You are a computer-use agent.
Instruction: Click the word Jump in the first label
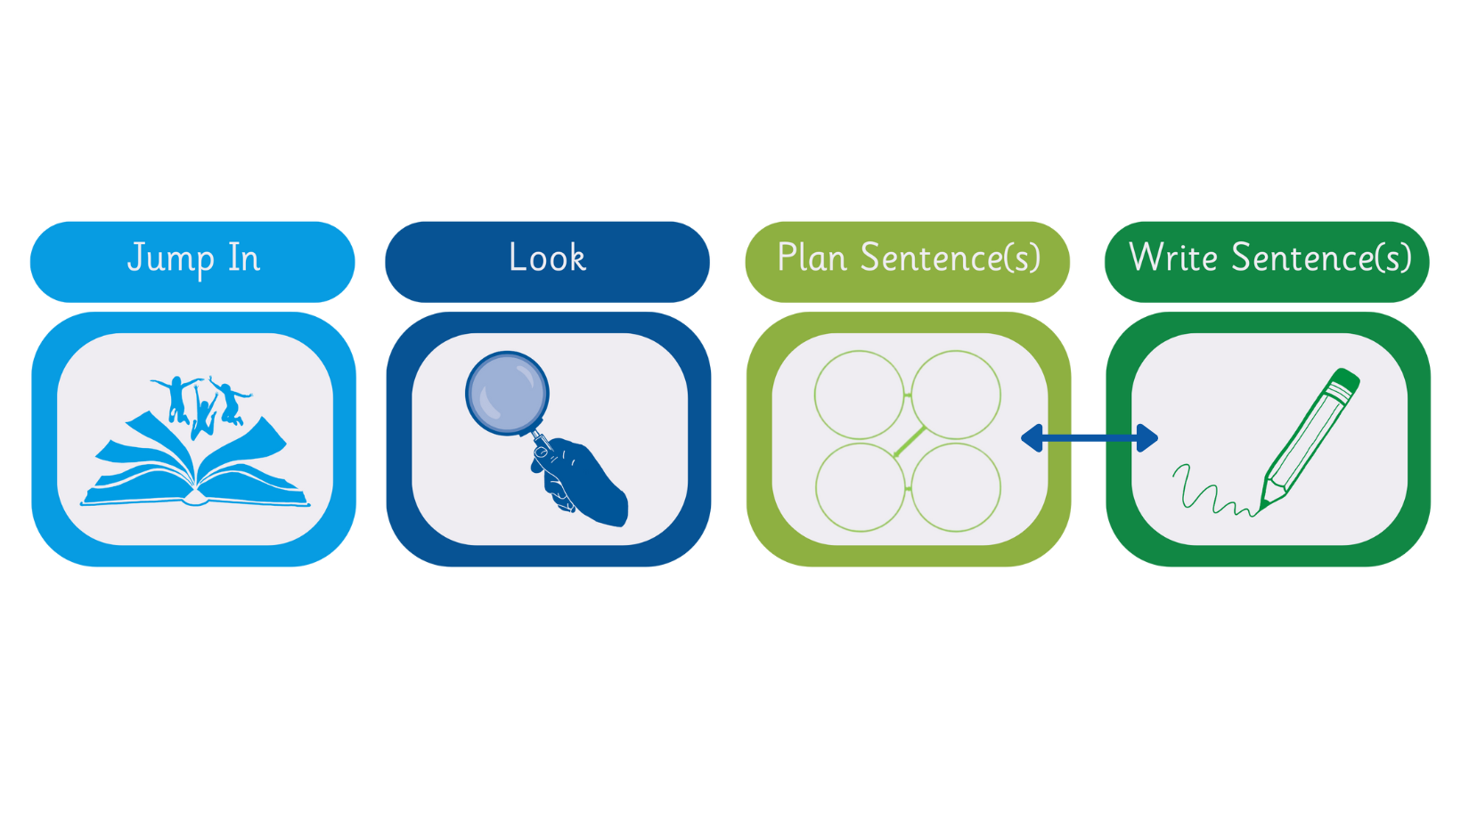(170, 259)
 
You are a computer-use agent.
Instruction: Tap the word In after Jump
(243, 258)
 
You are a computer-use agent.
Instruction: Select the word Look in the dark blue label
(547, 258)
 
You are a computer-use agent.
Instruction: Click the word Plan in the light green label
(812, 258)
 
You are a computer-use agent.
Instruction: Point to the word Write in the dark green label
(1172, 258)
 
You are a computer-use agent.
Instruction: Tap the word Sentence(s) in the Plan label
(950, 258)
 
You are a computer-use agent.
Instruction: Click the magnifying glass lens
(507, 394)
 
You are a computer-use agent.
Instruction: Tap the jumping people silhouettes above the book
(204, 403)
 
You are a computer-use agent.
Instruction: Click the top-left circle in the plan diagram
(860, 395)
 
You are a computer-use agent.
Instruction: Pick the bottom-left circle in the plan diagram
(860, 487)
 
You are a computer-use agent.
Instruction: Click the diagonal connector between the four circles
(910, 442)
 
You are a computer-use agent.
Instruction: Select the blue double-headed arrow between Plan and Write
(1089, 438)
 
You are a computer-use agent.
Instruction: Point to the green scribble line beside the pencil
(1207, 494)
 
